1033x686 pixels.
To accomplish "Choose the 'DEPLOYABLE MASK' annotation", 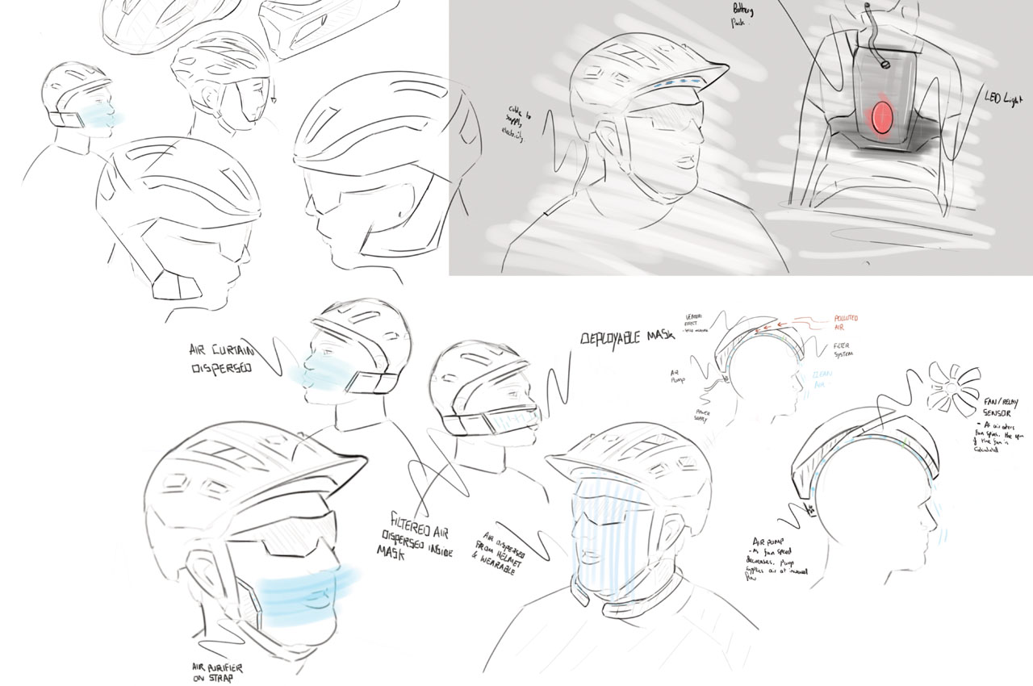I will click(625, 338).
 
